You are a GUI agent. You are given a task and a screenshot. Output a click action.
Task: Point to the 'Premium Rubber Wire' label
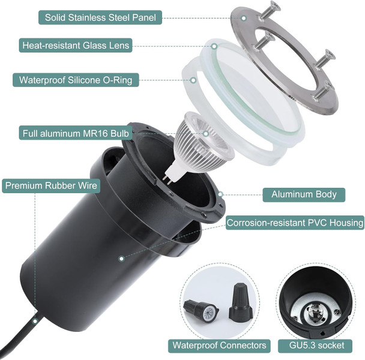[51, 185]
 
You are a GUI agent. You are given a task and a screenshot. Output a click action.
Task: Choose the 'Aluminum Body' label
[304, 194]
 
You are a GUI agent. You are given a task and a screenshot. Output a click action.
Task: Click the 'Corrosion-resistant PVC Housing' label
[295, 223]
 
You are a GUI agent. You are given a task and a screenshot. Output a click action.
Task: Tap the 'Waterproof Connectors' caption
[219, 345]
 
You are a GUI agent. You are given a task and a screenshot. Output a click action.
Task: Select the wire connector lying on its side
[203, 311]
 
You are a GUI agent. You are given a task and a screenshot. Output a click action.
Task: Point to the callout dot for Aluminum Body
[221, 194]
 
